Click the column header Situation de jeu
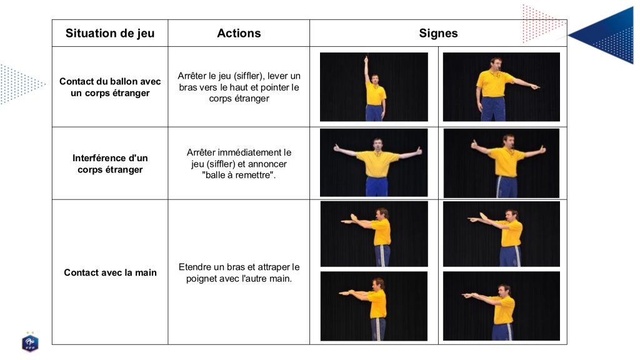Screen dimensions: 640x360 (110, 33)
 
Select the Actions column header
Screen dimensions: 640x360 (239, 33)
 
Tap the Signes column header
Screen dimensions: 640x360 (438, 33)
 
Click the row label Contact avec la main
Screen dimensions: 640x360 (110, 272)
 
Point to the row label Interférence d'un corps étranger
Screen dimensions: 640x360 (110, 164)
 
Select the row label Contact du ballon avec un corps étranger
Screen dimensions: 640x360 (110, 87)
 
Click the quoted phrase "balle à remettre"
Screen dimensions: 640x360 (239, 175)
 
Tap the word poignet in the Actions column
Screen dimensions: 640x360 (201, 279)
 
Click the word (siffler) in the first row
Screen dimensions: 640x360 (248, 76)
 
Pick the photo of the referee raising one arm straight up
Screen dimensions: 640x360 (374, 87)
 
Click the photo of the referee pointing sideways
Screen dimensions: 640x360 (501, 87)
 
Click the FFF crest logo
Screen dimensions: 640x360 (30, 342)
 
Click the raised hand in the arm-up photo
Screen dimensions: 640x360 (366, 59)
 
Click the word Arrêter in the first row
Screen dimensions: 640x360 (192, 76)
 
